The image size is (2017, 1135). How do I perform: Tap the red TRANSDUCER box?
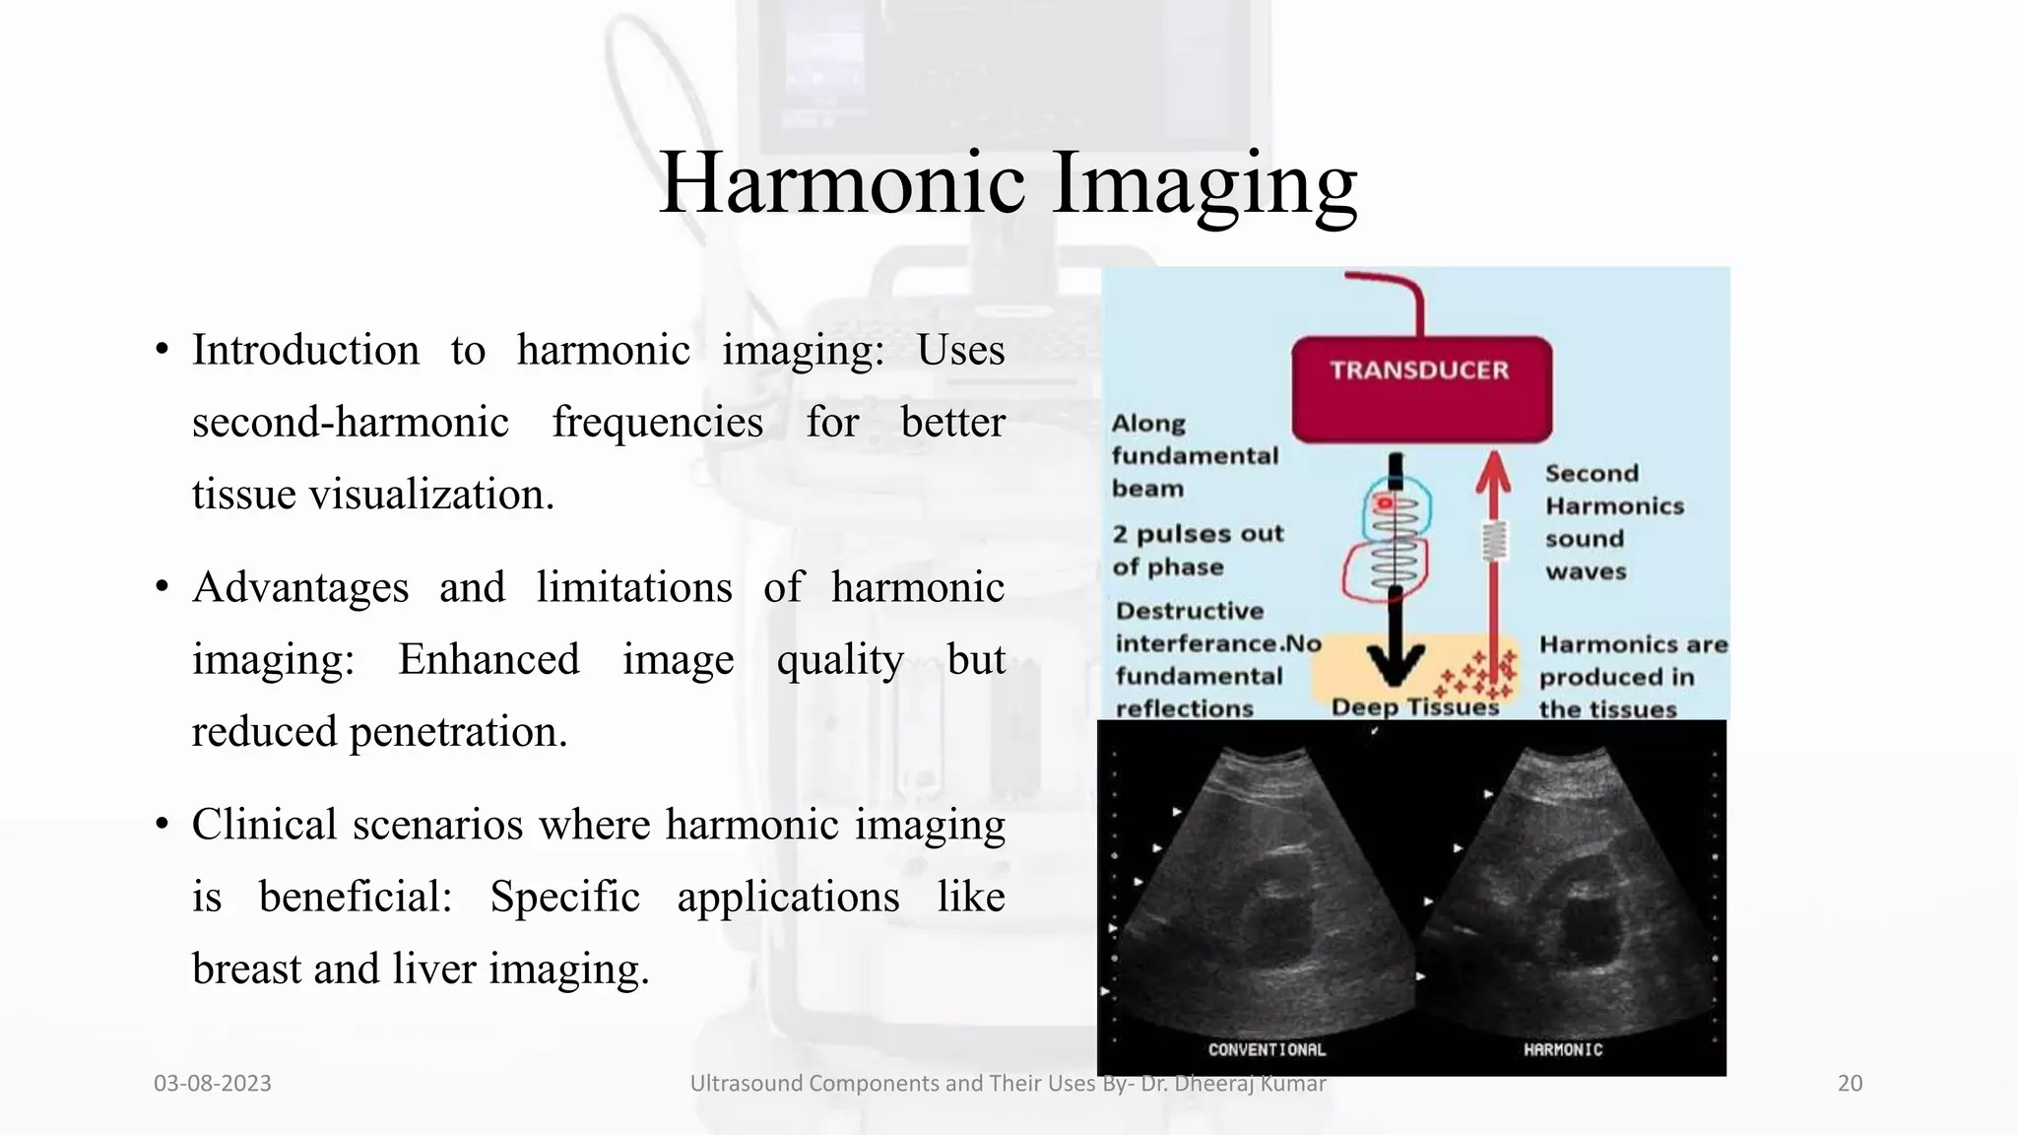[1420, 388]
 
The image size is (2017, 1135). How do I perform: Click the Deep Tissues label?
[1414, 706]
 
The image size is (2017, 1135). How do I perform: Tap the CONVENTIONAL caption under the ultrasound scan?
[1267, 1049]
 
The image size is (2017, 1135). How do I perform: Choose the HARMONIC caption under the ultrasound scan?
[1563, 1049]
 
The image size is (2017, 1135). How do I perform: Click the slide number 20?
[1850, 1083]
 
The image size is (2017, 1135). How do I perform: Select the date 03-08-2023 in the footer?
[213, 1083]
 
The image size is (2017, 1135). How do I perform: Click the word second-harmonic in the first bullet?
[350, 422]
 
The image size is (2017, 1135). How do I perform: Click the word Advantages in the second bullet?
[300, 587]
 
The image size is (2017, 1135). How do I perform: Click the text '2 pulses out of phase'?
[1198, 550]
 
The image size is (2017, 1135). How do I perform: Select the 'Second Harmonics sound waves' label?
[1613, 522]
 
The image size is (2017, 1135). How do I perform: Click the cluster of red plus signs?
[1477, 676]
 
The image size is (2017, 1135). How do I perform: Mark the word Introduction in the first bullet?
[305, 350]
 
